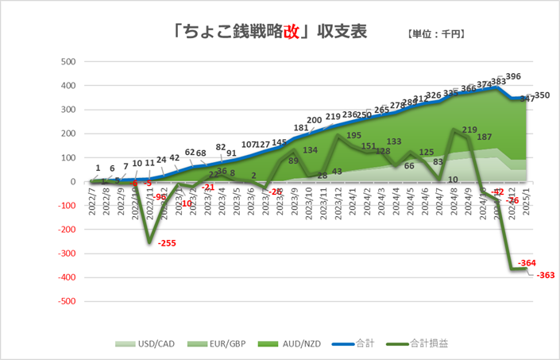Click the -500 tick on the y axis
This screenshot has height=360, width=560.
pos(67,302)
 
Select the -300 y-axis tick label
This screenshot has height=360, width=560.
pos(67,254)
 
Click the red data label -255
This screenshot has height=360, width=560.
pos(168,243)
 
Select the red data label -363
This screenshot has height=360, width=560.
pos(546,275)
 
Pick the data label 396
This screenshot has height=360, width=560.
pos(513,76)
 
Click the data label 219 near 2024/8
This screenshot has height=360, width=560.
pos(469,130)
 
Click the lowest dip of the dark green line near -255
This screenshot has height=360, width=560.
pos(149,242)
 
